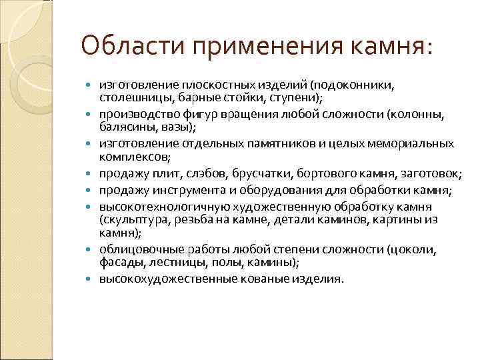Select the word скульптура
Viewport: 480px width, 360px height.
click(131, 219)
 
